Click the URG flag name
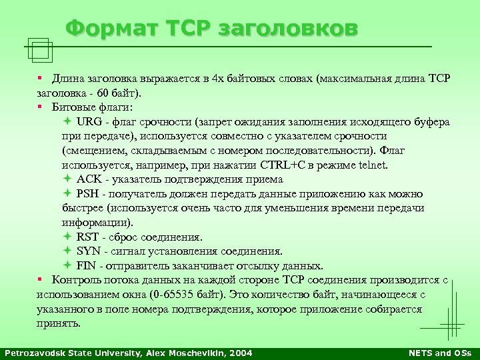[x=89, y=122]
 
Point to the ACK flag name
[x=89, y=179]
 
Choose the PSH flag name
[x=89, y=194]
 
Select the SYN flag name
[x=89, y=251]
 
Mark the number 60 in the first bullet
[x=103, y=93]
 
